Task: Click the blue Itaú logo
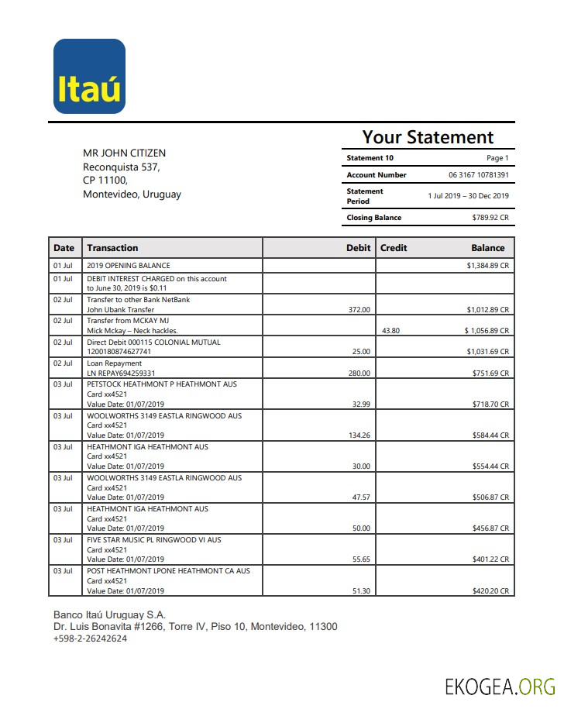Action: (89, 76)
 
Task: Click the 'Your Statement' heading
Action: (428, 137)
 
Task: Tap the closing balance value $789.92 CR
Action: (490, 218)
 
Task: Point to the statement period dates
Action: (468, 196)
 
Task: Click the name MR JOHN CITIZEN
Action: (124, 153)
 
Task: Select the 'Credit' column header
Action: (394, 248)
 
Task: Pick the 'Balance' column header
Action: (487, 248)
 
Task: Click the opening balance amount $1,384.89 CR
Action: (487, 266)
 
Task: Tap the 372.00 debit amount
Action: (359, 310)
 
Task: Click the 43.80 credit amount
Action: (390, 331)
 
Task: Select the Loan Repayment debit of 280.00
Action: (359, 373)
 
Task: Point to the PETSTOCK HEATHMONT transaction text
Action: (162, 384)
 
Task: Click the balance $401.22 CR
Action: (490, 559)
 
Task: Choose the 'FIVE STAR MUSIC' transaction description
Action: (153, 540)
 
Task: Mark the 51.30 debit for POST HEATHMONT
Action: (361, 591)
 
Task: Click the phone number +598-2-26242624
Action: (90, 638)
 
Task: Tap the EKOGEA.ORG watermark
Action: (500, 687)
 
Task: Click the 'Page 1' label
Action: (497, 158)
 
